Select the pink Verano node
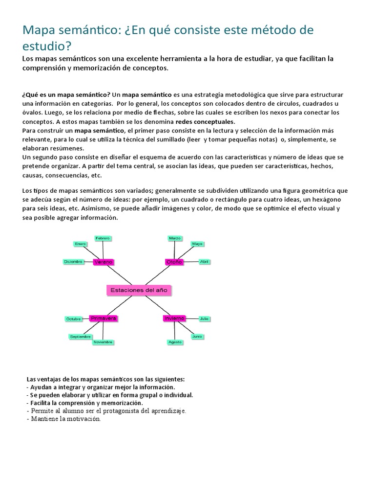pos(103,262)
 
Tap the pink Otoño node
pos(174,262)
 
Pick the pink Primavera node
pos(104,318)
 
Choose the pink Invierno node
pos(173,318)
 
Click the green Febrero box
pos(103,238)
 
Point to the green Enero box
pos(80,243)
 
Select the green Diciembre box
pos(74,262)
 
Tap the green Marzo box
pos(175,238)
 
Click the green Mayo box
pos(197,243)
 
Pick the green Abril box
pos(204,262)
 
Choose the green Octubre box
pos(73,319)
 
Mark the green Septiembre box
pos(80,337)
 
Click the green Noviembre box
pos(103,342)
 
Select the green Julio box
pos(204,319)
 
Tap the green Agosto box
pos(175,342)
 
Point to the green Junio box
pos(197,337)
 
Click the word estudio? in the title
pos(47,46)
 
